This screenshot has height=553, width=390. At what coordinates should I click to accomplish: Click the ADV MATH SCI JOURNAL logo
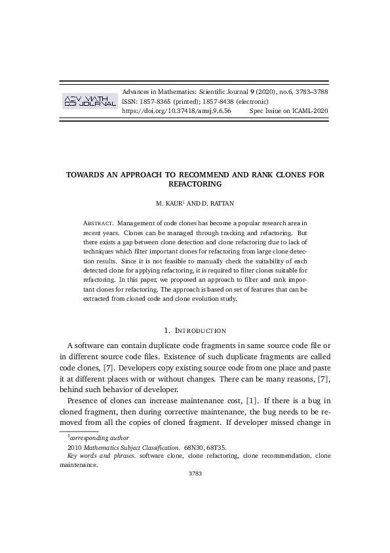coord(88,100)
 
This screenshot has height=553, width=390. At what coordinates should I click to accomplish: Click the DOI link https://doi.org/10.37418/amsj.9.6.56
coord(177,112)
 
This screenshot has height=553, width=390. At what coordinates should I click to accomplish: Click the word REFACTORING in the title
coord(195,184)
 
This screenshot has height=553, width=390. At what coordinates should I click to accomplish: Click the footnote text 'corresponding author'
coord(99,437)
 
